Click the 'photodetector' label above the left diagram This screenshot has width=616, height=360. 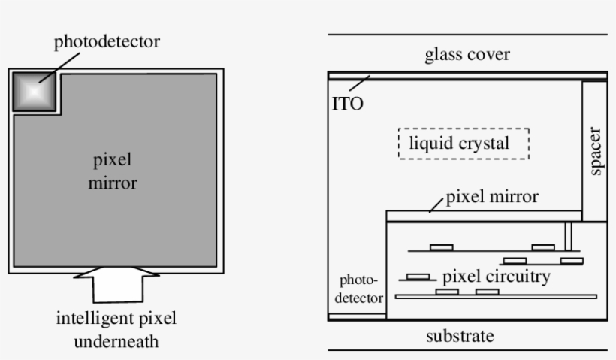(106, 41)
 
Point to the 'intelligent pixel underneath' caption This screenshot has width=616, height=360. (116, 330)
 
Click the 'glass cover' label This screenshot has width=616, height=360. (467, 54)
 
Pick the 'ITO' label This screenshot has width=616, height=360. (347, 104)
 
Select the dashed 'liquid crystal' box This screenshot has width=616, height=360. (464, 143)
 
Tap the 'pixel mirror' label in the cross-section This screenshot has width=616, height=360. (492, 198)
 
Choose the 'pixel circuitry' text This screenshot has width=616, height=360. (497, 276)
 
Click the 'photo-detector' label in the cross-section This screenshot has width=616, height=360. (358, 289)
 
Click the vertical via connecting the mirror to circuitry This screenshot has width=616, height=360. (569, 235)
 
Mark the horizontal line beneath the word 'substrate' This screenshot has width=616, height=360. (467, 350)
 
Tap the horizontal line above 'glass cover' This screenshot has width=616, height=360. (467, 35)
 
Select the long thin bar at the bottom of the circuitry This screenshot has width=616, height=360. (496, 297)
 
